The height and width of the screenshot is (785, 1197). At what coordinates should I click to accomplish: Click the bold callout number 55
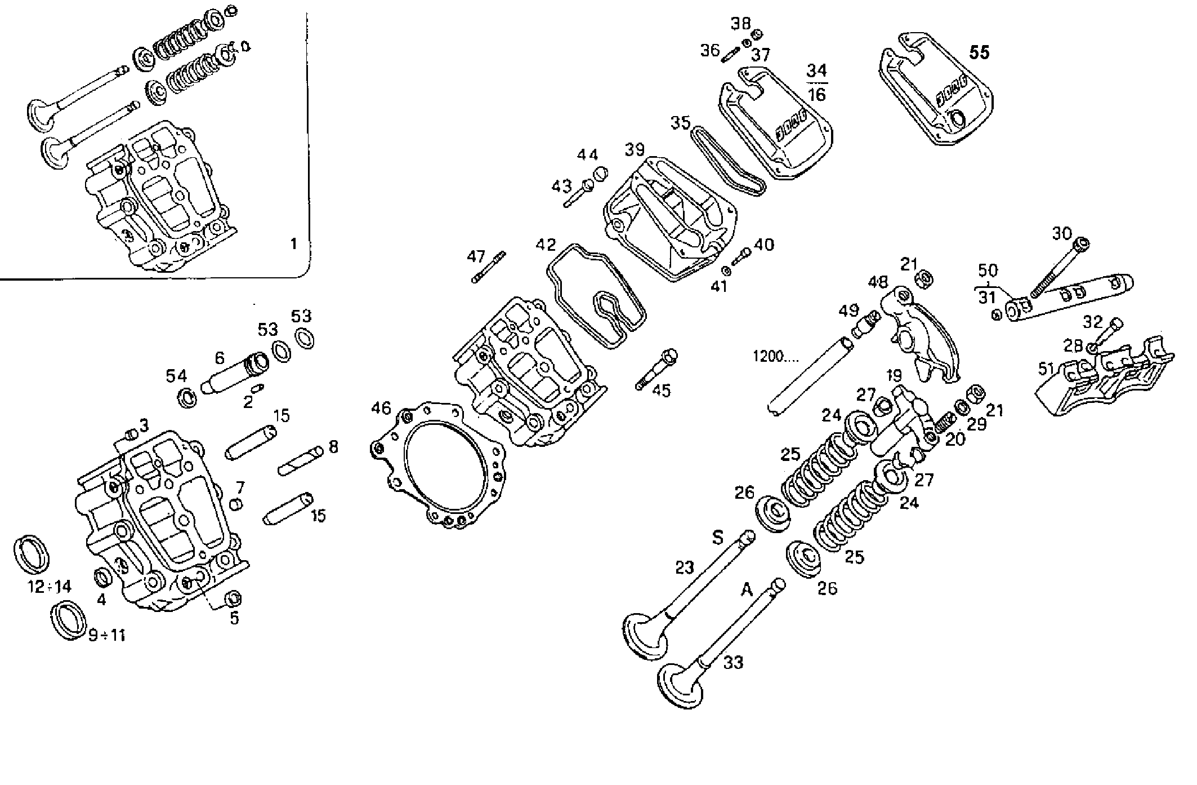(979, 52)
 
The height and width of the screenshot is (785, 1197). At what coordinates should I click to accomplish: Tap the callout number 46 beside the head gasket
(381, 407)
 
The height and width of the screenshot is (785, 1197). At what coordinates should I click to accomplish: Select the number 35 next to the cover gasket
(680, 122)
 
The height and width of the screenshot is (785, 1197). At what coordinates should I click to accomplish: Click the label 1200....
(771, 357)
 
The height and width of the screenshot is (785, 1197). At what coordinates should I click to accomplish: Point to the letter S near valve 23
(717, 538)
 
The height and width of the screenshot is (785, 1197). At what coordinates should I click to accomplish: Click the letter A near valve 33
(747, 590)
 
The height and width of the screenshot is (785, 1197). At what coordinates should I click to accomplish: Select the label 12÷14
(50, 587)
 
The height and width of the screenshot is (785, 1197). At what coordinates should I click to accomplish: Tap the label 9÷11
(106, 636)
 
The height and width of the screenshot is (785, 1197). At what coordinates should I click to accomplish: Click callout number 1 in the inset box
(293, 244)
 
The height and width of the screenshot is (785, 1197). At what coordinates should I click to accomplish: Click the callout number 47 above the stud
(476, 257)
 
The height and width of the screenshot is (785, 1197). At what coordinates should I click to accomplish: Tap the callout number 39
(635, 150)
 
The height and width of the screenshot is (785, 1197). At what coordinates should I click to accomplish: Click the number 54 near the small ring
(176, 376)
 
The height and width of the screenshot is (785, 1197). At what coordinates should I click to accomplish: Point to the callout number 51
(1046, 369)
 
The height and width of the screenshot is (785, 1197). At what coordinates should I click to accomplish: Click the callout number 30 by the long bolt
(1062, 233)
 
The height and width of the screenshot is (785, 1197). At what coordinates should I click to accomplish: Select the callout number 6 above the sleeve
(220, 358)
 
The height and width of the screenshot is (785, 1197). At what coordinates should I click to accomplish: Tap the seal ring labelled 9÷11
(69, 620)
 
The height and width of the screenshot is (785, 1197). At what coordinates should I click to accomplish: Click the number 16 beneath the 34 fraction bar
(816, 94)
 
